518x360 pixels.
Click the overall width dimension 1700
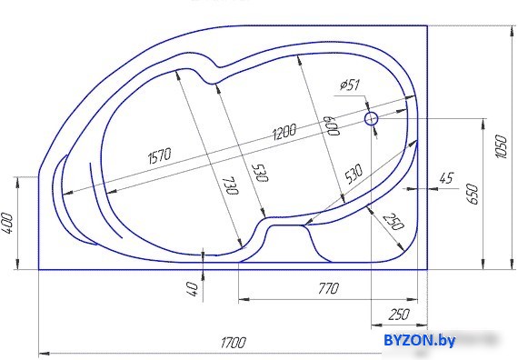click(234, 343)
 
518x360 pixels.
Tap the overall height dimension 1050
click(501, 146)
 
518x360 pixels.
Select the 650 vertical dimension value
click(473, 194)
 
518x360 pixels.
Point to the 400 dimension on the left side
click(8, 223)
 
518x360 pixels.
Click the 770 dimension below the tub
click(328, 288)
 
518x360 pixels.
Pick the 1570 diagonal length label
click(160, 155)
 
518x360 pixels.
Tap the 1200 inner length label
click(284, 132)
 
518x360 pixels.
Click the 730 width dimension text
click(230, 186)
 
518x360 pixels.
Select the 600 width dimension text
click(332, 125)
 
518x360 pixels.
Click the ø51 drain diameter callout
click(350, 85)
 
